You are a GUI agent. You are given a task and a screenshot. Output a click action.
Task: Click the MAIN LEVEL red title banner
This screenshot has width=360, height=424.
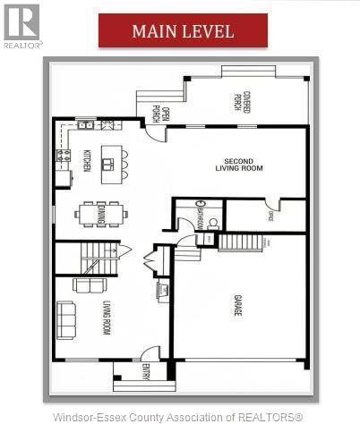[183, 30]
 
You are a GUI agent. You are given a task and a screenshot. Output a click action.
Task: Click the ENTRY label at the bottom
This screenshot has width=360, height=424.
[144, 370]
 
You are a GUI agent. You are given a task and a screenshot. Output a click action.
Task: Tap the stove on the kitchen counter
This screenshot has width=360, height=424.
[63, 157]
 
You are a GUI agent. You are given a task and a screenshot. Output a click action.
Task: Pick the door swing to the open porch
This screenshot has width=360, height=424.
[153, 132]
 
